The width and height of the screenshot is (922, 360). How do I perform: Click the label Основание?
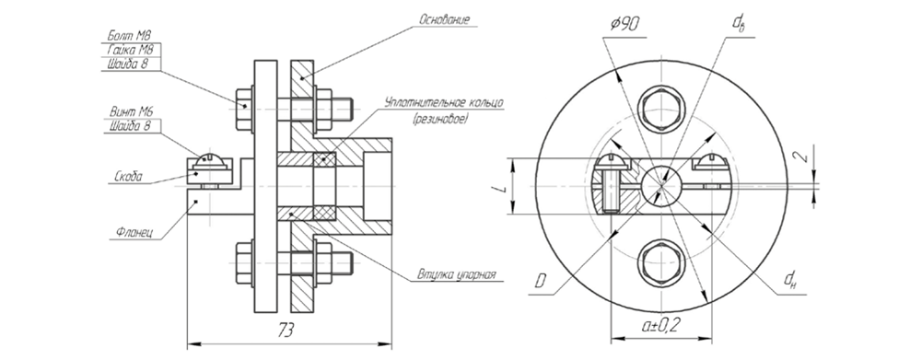445,19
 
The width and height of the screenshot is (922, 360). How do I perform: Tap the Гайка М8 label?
131,50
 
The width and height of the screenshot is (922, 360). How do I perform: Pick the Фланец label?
131,231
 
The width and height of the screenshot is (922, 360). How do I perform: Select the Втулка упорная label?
457,274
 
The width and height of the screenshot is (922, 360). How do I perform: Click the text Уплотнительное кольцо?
444,103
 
